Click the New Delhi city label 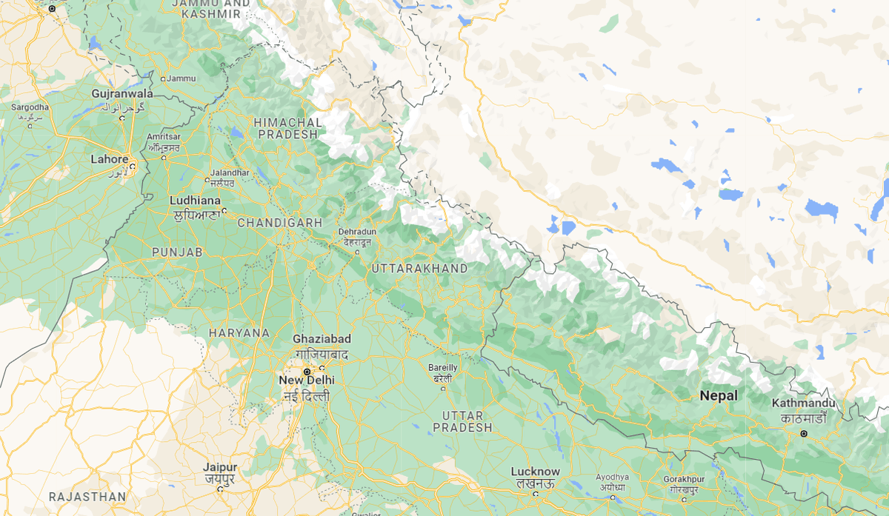click(x=306, y=381)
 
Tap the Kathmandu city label click(x=803, y=403)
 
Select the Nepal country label click(x=719, y=396)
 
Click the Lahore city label click(x=109, y=159)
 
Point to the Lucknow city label click(x=535, y=472)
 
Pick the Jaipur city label click(x=220, y=468)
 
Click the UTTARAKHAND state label click(x=419, y=268)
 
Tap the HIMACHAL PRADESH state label click(x=288, y=128)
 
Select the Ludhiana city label click(x=195, y=201)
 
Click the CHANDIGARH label click(x=279, y=223)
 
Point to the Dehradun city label click(x=358, y=232)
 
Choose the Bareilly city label click(x=443, y=367)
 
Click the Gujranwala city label click(x=122, y=94)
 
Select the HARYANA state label click(x=239, y=333)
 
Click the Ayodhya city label click(x=613, y=478)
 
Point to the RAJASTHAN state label click(x=87, y=496)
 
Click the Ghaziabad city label click(x=322, y=339)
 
